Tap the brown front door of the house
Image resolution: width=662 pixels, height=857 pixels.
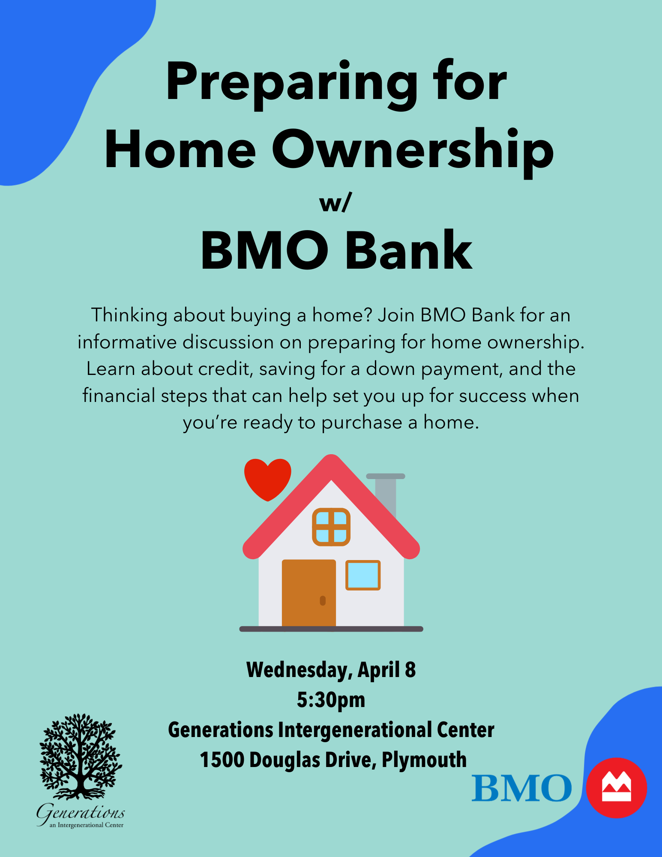coord(309,593)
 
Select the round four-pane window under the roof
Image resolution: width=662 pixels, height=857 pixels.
coord(331,527)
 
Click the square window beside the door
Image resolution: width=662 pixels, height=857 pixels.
coord(363,575)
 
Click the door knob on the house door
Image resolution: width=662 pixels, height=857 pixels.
coord(323,601)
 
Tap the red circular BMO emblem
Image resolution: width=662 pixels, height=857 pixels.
coord(616,788)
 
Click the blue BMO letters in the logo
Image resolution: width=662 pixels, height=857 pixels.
coord(522,788)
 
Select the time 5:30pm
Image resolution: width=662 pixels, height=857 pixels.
coord(331,700)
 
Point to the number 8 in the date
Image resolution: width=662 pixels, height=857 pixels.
coord(410,670)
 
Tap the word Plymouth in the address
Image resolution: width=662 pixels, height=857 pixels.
coord(424,761)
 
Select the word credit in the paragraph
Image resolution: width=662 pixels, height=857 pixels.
coord(225,369)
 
